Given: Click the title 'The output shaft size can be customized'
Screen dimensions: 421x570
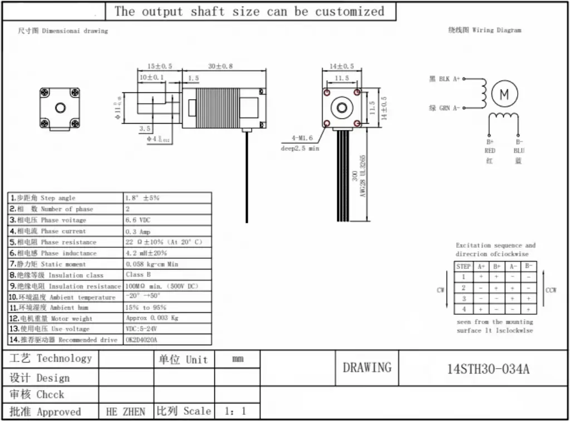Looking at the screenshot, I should pos(249,12).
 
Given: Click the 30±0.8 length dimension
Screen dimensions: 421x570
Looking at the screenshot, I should pos(220,66).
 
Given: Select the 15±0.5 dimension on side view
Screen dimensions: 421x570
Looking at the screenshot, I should pos(160,66).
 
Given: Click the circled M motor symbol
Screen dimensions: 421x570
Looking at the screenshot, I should pos(504,94).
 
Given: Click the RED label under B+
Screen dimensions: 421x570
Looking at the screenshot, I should pos(490,151).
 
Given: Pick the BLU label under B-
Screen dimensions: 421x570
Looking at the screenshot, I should pos(519,151).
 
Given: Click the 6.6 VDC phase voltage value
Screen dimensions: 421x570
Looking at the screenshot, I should pos(138,220).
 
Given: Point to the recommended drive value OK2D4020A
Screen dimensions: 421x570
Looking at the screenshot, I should pos(141,340).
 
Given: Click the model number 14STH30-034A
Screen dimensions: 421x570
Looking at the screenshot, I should pos(488,369).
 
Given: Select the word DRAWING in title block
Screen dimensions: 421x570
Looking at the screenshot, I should pos(367,368).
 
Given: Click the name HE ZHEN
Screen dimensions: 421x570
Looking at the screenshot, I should pos(126,412).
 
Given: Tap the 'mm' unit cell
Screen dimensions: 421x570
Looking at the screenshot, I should pos(238,360).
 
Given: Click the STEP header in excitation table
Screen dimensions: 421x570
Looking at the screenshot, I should pos(463,267).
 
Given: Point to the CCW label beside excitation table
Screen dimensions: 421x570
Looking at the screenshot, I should pos(551,290).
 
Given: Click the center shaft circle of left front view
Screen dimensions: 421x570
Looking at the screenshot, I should pos(59,108).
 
